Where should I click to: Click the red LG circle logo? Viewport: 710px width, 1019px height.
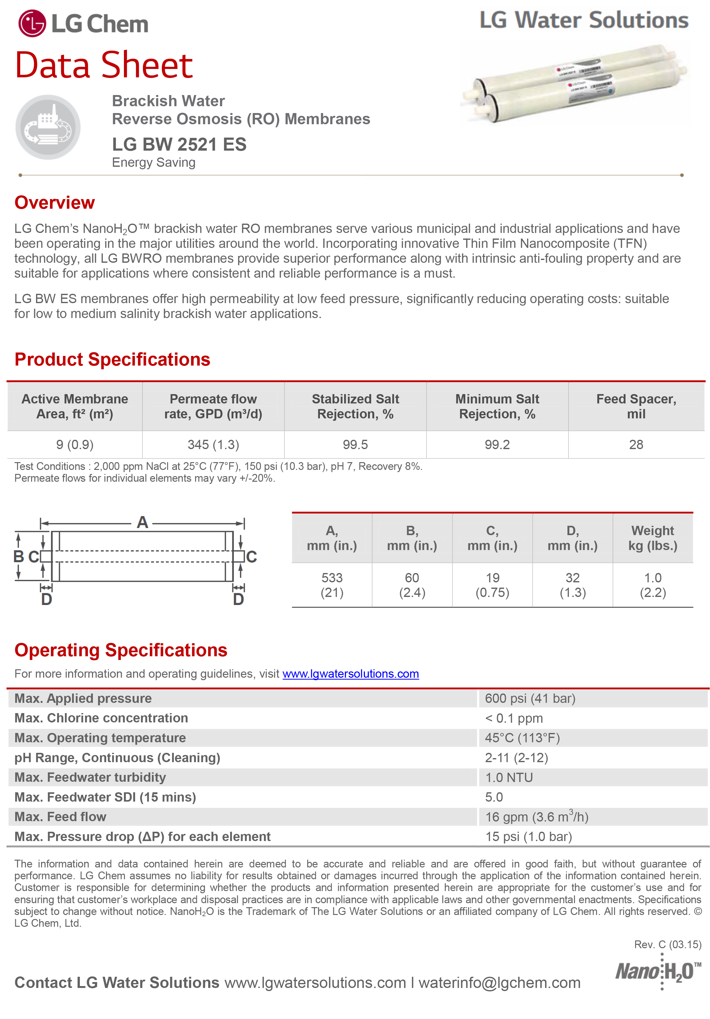(x=32, y=24)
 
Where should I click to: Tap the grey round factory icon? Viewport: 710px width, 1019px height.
(x=48, y=127)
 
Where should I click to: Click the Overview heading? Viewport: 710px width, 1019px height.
(x=55, y=202)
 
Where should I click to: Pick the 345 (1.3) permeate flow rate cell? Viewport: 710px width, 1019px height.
(x=213, y=445)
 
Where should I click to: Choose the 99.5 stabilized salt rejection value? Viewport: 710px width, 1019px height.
(x=355, y=445)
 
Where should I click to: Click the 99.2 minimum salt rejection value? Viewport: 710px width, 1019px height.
(x=497, y=445)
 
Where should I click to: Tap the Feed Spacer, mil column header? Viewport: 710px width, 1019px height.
(x=636, y=407)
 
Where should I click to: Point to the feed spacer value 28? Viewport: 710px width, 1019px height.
(x=636, y=445)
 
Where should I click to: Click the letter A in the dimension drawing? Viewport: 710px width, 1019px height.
(x=142, y=522)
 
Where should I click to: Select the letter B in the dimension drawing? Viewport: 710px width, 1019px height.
(x=19, y=557)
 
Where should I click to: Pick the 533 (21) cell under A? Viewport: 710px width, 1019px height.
(x=332, y=585)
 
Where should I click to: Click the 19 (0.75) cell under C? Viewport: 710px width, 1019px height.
(x=492, y=585)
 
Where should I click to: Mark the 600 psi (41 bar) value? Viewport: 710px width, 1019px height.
(x=530, y=698)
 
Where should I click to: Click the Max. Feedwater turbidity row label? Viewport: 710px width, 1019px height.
(x=90, y=778)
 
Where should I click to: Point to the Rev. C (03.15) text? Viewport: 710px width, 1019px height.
(x=667, y=944)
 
